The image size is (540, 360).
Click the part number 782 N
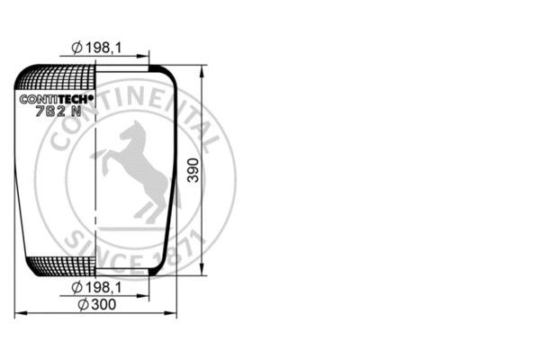click(x=57, y=112)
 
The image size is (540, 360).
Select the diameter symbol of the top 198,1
click(x=76, y=48)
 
